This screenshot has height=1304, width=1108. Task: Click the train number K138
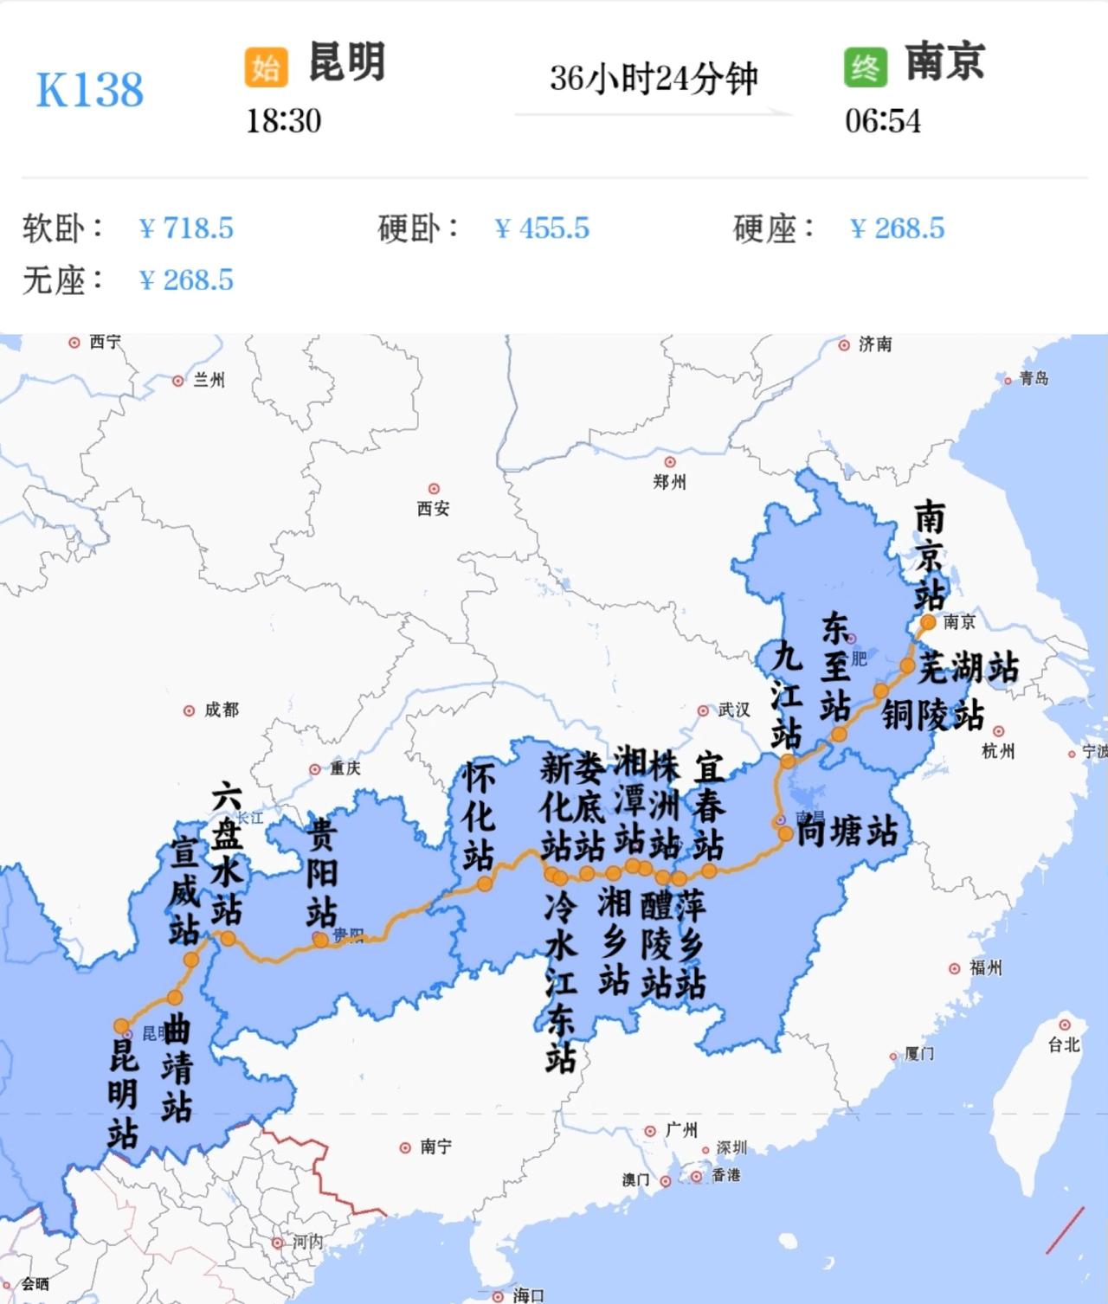89,90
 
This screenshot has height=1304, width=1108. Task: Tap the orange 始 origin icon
266,66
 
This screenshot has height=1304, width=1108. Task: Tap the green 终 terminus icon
865,66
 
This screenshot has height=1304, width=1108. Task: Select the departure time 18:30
283,121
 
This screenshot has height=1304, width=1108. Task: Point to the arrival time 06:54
882,121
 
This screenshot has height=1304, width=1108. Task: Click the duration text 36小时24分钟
654,79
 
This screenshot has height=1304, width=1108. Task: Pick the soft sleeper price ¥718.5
186,228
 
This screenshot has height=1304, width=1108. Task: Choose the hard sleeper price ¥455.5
542,228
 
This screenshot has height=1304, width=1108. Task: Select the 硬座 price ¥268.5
897,228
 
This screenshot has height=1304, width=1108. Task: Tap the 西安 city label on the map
433,508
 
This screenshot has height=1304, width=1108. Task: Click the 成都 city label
221,710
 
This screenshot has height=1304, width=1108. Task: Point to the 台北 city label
1064,1044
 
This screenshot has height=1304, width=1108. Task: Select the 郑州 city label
669,482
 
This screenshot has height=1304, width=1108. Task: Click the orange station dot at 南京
928,622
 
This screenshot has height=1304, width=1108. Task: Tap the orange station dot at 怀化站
485,883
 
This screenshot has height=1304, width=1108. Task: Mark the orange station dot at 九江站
788,761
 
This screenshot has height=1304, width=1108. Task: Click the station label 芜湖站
969,667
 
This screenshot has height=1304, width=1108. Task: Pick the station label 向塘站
846,832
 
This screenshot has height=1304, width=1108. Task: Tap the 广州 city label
681,1130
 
